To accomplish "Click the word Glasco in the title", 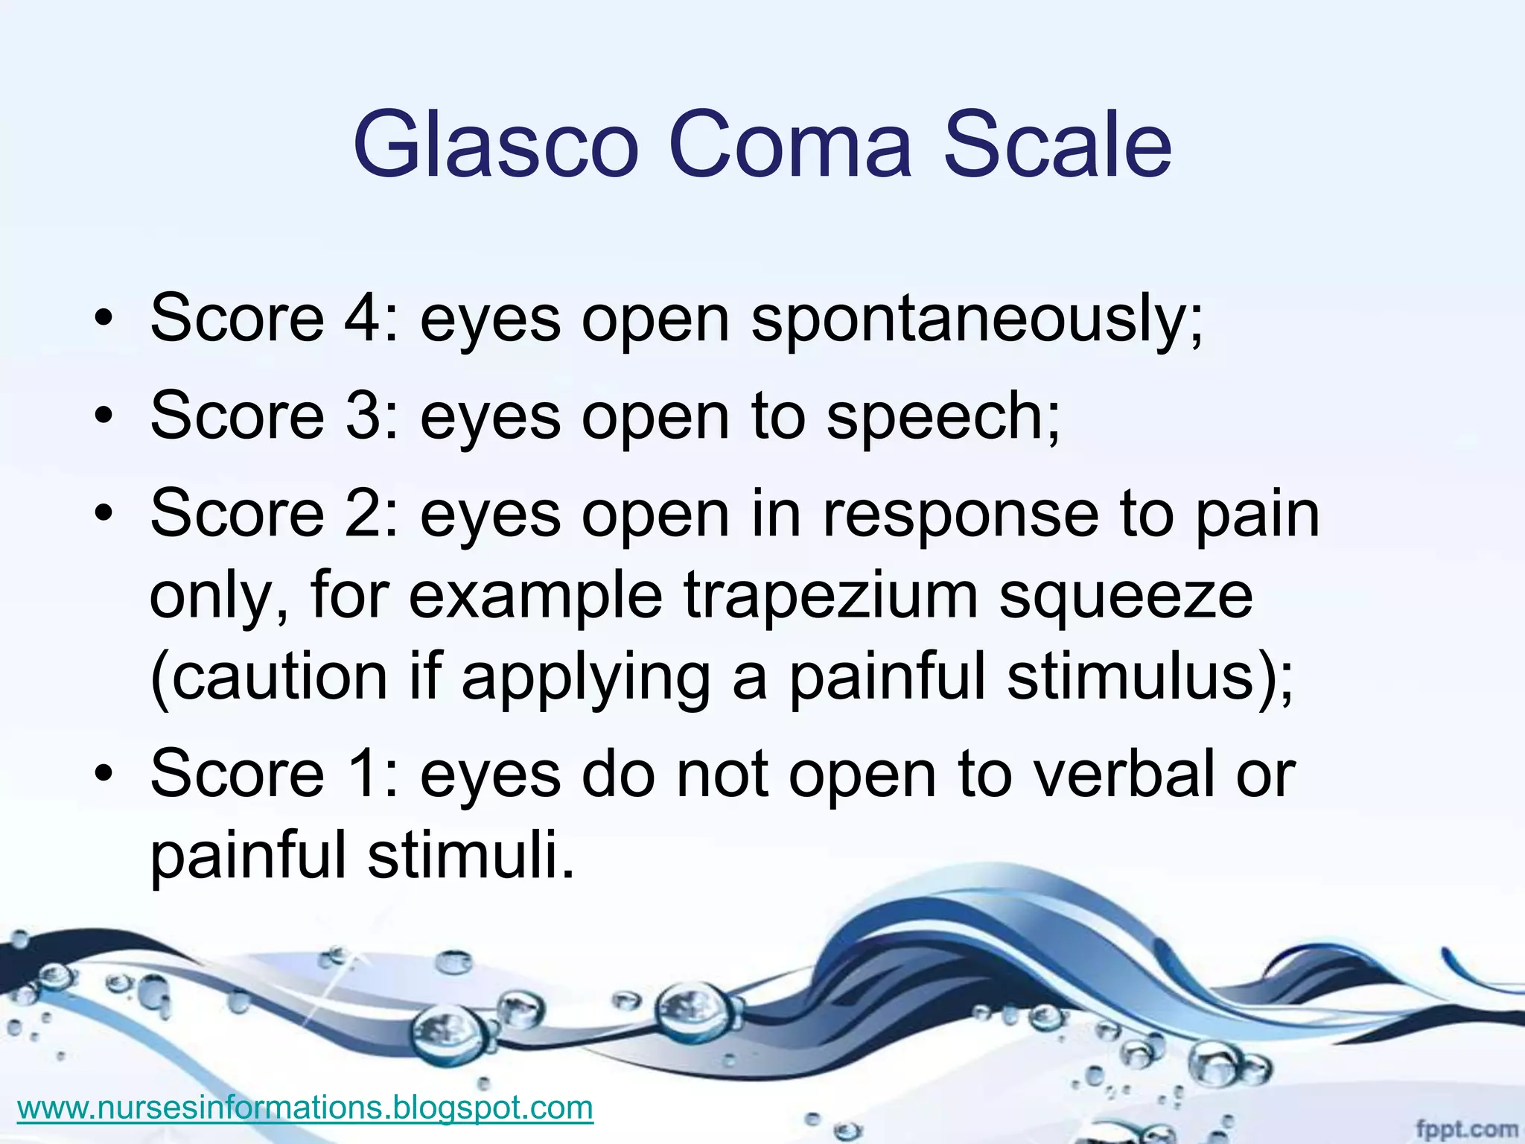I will click(496, 144).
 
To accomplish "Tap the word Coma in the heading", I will click(790, 144).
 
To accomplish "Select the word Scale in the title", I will click(1057, 144).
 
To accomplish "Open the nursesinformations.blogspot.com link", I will click(305, 1108).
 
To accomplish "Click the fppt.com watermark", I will click(1465, 1129).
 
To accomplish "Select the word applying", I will click(585, 678).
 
